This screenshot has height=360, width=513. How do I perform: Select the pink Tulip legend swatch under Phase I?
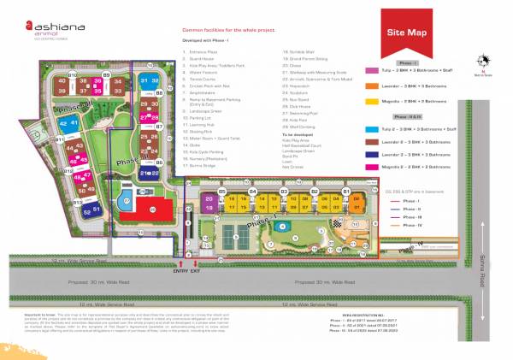pos(370,71)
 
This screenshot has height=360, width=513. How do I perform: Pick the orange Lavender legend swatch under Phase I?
pos(370,86)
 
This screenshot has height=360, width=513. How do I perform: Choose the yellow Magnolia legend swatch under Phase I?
pos(370,100)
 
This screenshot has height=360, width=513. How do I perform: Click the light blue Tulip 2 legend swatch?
pos(370,127)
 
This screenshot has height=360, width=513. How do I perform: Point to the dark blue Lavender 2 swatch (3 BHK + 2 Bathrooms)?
pos(370,154)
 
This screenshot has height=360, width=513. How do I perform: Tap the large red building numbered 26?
pos(156,208)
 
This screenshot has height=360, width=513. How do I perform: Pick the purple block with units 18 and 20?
pos(210,202)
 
